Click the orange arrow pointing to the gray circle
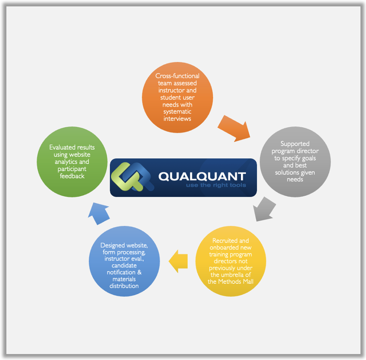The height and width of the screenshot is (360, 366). point(234,128)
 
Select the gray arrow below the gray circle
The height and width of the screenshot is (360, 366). point(264,209)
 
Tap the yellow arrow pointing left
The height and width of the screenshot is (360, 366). point(178,261)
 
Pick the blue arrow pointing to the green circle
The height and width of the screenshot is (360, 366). point(99,213)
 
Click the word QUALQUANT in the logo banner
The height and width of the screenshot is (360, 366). point(202,177)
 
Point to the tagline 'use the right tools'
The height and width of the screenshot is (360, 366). point(216,185)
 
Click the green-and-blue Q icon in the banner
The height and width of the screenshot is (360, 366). point(132,177)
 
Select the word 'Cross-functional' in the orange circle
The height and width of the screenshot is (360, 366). point(177,76)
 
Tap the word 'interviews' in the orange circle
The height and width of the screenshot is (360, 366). point(177,119)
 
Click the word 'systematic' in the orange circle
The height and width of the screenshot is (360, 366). point(177,111)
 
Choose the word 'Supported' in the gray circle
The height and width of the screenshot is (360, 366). point(295,144)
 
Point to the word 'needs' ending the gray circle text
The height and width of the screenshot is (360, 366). point(295,179)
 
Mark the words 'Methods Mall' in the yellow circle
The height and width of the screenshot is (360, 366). point(236,282)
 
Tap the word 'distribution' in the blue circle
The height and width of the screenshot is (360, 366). point(124,286)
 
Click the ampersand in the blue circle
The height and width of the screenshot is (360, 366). point(139,272)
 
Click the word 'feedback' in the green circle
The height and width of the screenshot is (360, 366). point(72,176)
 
